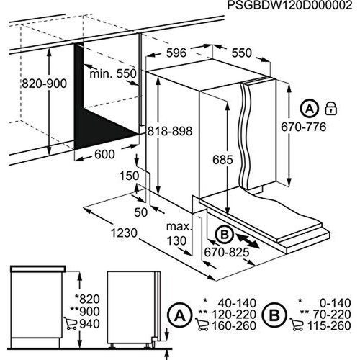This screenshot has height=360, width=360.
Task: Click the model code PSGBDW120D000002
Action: [x=290, y=5]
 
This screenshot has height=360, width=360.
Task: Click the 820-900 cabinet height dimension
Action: [x=45, y=84]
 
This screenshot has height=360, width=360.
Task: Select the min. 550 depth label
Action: [x=113, y=73]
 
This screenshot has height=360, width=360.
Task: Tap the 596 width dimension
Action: [x=176, y=53]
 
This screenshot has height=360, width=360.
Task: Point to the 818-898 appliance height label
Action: [x=170, y=131]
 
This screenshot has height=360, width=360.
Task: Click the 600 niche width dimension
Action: [x=104, y=154]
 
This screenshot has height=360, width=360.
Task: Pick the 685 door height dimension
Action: [x=222, y=160]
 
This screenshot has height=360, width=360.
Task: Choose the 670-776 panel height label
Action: [x=304, y=127]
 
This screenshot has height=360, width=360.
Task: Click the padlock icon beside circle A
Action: [x=330, y=109]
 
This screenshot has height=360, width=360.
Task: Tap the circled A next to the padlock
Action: [x=310, y=109]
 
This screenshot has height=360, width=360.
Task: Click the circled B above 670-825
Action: [x=225, y=235]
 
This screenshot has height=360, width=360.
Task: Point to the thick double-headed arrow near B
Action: [x=248, y=240]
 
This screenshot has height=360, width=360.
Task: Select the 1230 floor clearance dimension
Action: [x=124, y=233]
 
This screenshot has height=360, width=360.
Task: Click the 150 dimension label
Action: [x=130, y=176]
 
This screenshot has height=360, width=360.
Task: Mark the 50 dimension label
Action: [x=140, y=212]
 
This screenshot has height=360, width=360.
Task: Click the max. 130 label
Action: [x=179, y=233]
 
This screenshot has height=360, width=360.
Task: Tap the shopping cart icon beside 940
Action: [x=70, y=323]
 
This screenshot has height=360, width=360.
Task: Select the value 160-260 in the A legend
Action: [x=234, y=325]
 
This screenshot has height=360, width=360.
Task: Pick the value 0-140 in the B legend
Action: [x=336, y=303]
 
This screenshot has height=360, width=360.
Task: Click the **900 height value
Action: [x=85, y=312]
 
